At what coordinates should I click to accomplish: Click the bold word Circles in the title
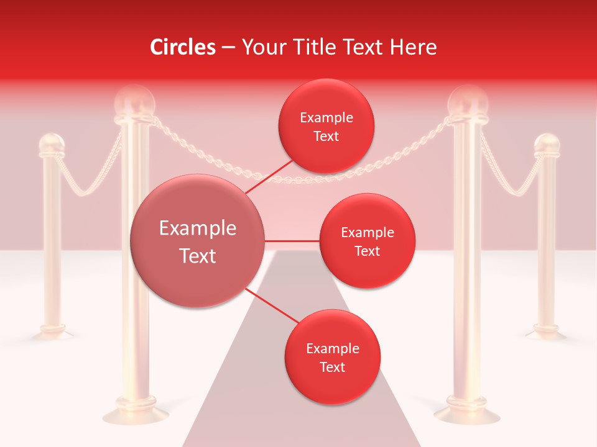tap(182, 47)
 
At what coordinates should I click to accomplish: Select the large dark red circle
tap(198, 241)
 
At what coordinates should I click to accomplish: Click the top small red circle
tap(326, 126)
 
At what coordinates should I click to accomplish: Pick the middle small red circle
tap(367, 241)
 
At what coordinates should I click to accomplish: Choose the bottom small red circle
tap(332, 357)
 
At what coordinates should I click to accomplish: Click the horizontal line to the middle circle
tap(292, 241)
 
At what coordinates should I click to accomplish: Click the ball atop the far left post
tap(51, 144)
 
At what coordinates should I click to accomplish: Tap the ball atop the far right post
tap(547, 144)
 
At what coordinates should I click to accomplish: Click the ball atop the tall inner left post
tap(134, 101)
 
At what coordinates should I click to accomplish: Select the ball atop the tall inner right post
tap(468, 101)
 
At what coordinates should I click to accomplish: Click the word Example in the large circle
tap(198, 228)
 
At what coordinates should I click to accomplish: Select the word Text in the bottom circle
tap(332, 367)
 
